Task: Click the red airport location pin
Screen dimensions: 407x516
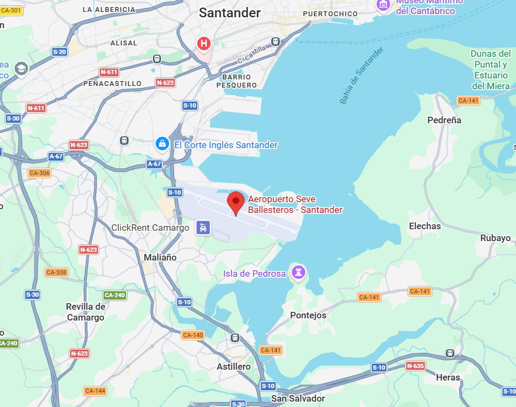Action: [x=236, y=203]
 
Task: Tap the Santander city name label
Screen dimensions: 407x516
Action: [x=230, y=13]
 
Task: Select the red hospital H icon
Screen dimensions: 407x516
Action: [x=204, y=43]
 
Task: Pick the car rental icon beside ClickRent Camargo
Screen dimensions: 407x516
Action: [x=203, y=228]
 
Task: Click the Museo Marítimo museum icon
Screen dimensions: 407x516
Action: [x=383, y=4]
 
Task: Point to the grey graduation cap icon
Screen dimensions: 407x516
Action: [x=22, y=69]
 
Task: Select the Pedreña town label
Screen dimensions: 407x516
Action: [x=444, y=120]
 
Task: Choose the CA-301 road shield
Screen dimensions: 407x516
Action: [x=11, y=10]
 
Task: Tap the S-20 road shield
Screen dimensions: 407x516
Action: [x=59, y=52]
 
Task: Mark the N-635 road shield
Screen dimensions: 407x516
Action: [x=415, y=366]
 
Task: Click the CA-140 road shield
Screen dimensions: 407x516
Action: [x=193, y=335]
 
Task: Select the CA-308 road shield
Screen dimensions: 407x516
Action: [x=56, y=272]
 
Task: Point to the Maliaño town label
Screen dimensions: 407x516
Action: [x=160, y=257]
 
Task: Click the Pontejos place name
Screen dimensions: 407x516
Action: [x=309, y=315]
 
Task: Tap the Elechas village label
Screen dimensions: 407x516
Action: [x=425, y=226]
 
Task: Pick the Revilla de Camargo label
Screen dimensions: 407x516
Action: [x=85, y=312]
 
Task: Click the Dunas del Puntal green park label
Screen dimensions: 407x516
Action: [x=491, y=70]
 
